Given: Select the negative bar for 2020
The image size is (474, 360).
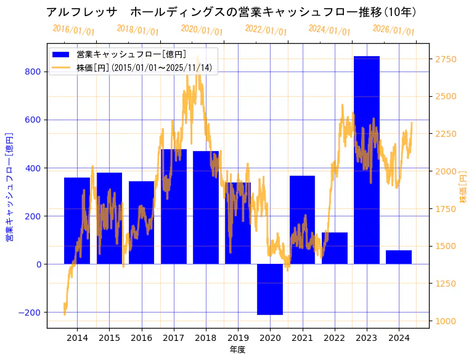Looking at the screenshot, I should point(270,289).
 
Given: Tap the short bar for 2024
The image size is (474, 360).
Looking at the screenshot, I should point(399,257).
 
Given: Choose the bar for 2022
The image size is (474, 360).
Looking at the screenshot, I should point(335,248).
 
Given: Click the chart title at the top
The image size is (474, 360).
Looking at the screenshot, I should point(232,12).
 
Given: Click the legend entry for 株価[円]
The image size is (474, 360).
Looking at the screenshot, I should point(144,68).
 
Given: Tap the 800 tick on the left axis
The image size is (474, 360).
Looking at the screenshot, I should point(34,72).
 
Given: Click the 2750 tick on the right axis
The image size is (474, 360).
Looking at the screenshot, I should point(446,59).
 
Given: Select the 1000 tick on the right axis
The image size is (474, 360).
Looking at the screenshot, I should point(446,321).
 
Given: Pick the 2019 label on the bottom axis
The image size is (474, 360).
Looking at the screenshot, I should point(238,338).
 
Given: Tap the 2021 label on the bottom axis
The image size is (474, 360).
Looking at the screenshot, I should point(302,338).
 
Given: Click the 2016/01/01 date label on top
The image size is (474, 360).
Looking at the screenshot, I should point(73,30).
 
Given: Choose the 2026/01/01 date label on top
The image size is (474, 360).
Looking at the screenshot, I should point(393,30).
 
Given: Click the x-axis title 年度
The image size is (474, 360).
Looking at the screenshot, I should point(237,350).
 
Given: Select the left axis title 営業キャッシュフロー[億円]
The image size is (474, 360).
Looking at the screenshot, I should point(9,186).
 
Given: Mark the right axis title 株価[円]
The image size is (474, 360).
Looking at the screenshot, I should point(464,187).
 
